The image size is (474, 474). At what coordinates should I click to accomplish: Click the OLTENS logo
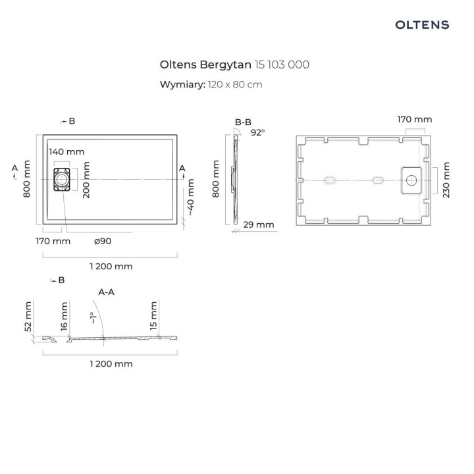[422, 25]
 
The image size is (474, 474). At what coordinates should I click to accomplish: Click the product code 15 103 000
[282, 65]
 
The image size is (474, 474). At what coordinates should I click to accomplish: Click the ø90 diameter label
[103, 242]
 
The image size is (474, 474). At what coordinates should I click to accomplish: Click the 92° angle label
[257, 132]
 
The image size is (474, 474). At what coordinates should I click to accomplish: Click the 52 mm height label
[28, 317]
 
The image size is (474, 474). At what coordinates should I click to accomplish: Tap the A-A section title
[108, 292]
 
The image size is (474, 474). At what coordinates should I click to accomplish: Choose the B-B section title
[243, 122]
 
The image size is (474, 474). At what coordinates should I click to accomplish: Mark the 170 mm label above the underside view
[414, 120]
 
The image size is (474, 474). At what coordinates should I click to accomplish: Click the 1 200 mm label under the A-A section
[111, 364]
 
